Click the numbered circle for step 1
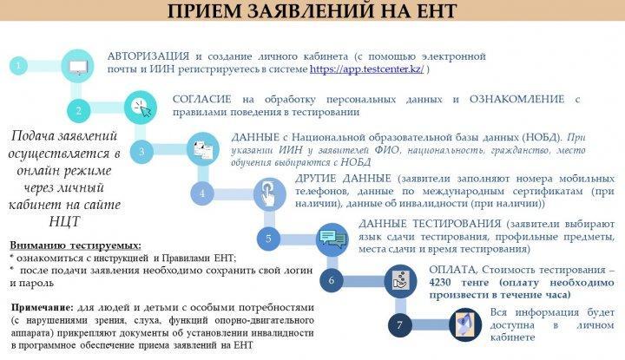18,66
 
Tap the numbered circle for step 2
78,111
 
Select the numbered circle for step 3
141,151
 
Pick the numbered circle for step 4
202,193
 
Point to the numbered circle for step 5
268,239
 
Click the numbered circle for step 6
332,280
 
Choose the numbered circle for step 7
400,325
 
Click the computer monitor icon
78,66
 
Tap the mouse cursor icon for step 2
141,108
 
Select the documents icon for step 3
203,149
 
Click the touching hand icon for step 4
270,194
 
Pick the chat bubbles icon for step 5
332,239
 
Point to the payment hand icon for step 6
400,280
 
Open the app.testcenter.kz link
366,69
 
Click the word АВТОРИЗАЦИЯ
148,56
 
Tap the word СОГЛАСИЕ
201,99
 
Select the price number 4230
440,282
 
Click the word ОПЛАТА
452,270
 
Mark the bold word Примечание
43,308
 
